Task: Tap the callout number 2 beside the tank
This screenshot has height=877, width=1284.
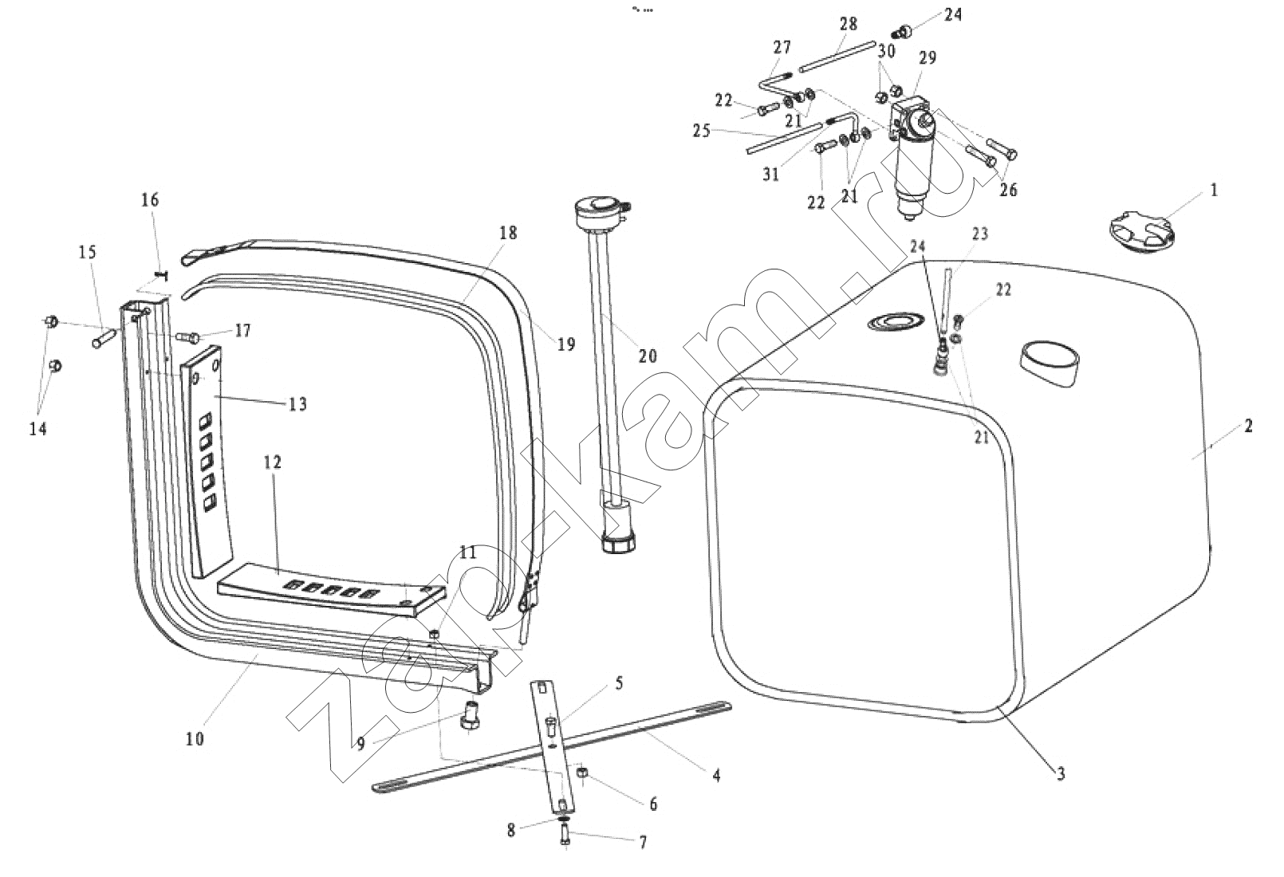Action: [x=1248, y=427]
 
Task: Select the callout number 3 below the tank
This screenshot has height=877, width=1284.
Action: [x=1061, y=773]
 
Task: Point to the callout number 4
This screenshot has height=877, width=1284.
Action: [x=716, y=774]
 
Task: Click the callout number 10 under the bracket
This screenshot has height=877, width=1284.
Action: [x=195, y=738]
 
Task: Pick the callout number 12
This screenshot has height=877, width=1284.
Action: [x=273, y=462]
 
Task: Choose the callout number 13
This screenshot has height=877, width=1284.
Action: [x=297, y=404]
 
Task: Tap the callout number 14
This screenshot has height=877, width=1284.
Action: [x=37, y=429]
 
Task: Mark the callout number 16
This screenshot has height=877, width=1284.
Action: [x=151, y=199]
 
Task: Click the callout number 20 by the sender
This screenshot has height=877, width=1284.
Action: [x=648, y=355]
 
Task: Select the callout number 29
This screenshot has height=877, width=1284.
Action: [x=928, y=58]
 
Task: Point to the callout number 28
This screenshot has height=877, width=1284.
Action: [x=849, y=24]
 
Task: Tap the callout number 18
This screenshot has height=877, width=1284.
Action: [x=508, y=233]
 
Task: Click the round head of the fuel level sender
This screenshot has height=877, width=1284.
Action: [x=598, y=213]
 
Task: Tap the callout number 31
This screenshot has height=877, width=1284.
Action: [x=770, y=174]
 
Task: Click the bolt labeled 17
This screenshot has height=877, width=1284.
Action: [x=188, y=336]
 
